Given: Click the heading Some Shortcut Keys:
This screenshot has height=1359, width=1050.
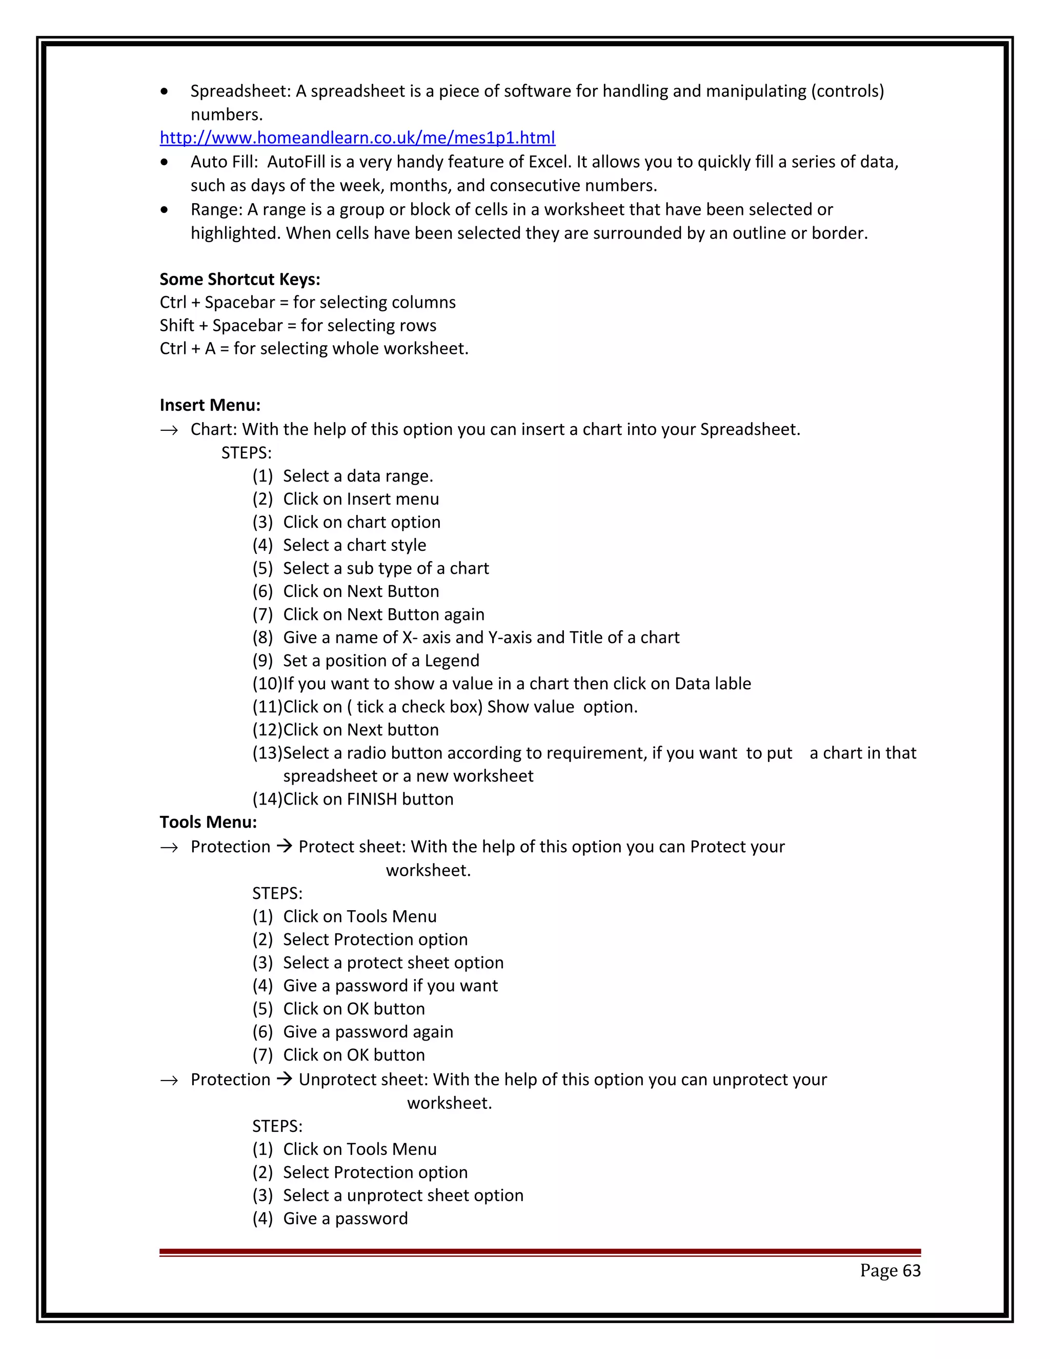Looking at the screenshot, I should coord(239,279).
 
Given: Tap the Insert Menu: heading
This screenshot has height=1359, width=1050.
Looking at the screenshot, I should coord(210,405).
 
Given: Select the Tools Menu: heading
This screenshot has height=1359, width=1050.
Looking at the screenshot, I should coord(208,822).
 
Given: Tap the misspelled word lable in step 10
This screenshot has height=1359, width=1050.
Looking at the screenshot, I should coord(732,683).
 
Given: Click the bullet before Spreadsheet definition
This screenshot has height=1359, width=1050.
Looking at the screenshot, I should coord(164,91).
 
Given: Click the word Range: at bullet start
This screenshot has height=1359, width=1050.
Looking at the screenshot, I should coord(216,210).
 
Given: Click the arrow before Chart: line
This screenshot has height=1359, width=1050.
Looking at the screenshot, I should coord(169,430).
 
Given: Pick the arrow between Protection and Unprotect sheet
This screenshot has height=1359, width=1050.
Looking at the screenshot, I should coord(284,1079).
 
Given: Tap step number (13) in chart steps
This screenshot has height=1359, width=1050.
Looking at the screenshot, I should coord(267,753).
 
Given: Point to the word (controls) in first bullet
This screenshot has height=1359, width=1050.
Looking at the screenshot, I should coord(846,91).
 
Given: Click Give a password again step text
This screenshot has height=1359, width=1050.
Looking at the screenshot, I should coord(368,1032).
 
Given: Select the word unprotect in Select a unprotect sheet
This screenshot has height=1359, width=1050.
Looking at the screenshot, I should coord(385,1195).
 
